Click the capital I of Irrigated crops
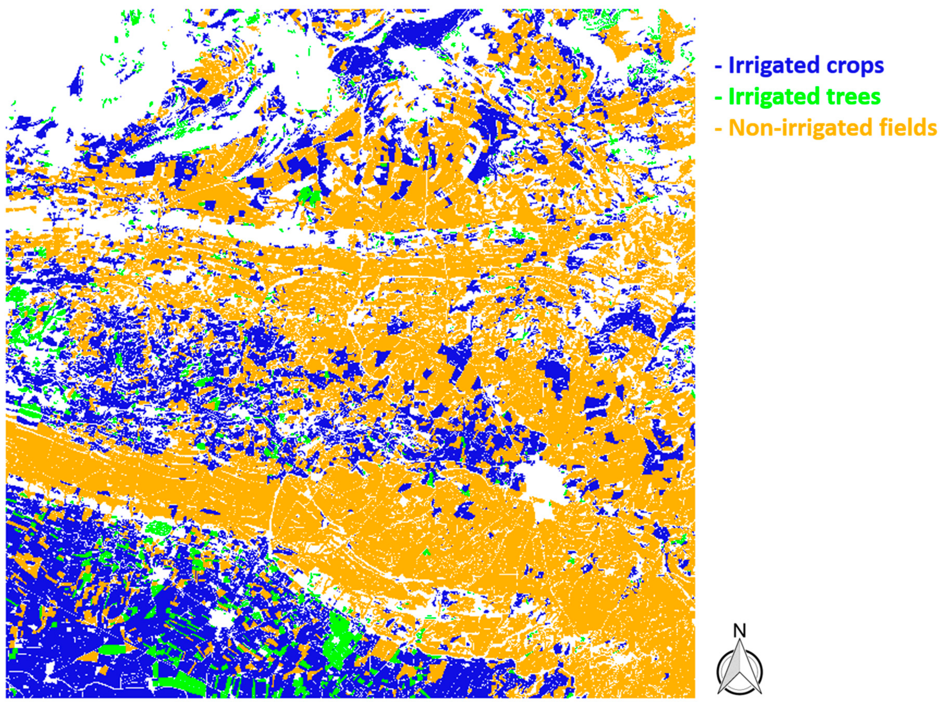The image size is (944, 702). (731, 66)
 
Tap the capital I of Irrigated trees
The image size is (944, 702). (731, 97)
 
